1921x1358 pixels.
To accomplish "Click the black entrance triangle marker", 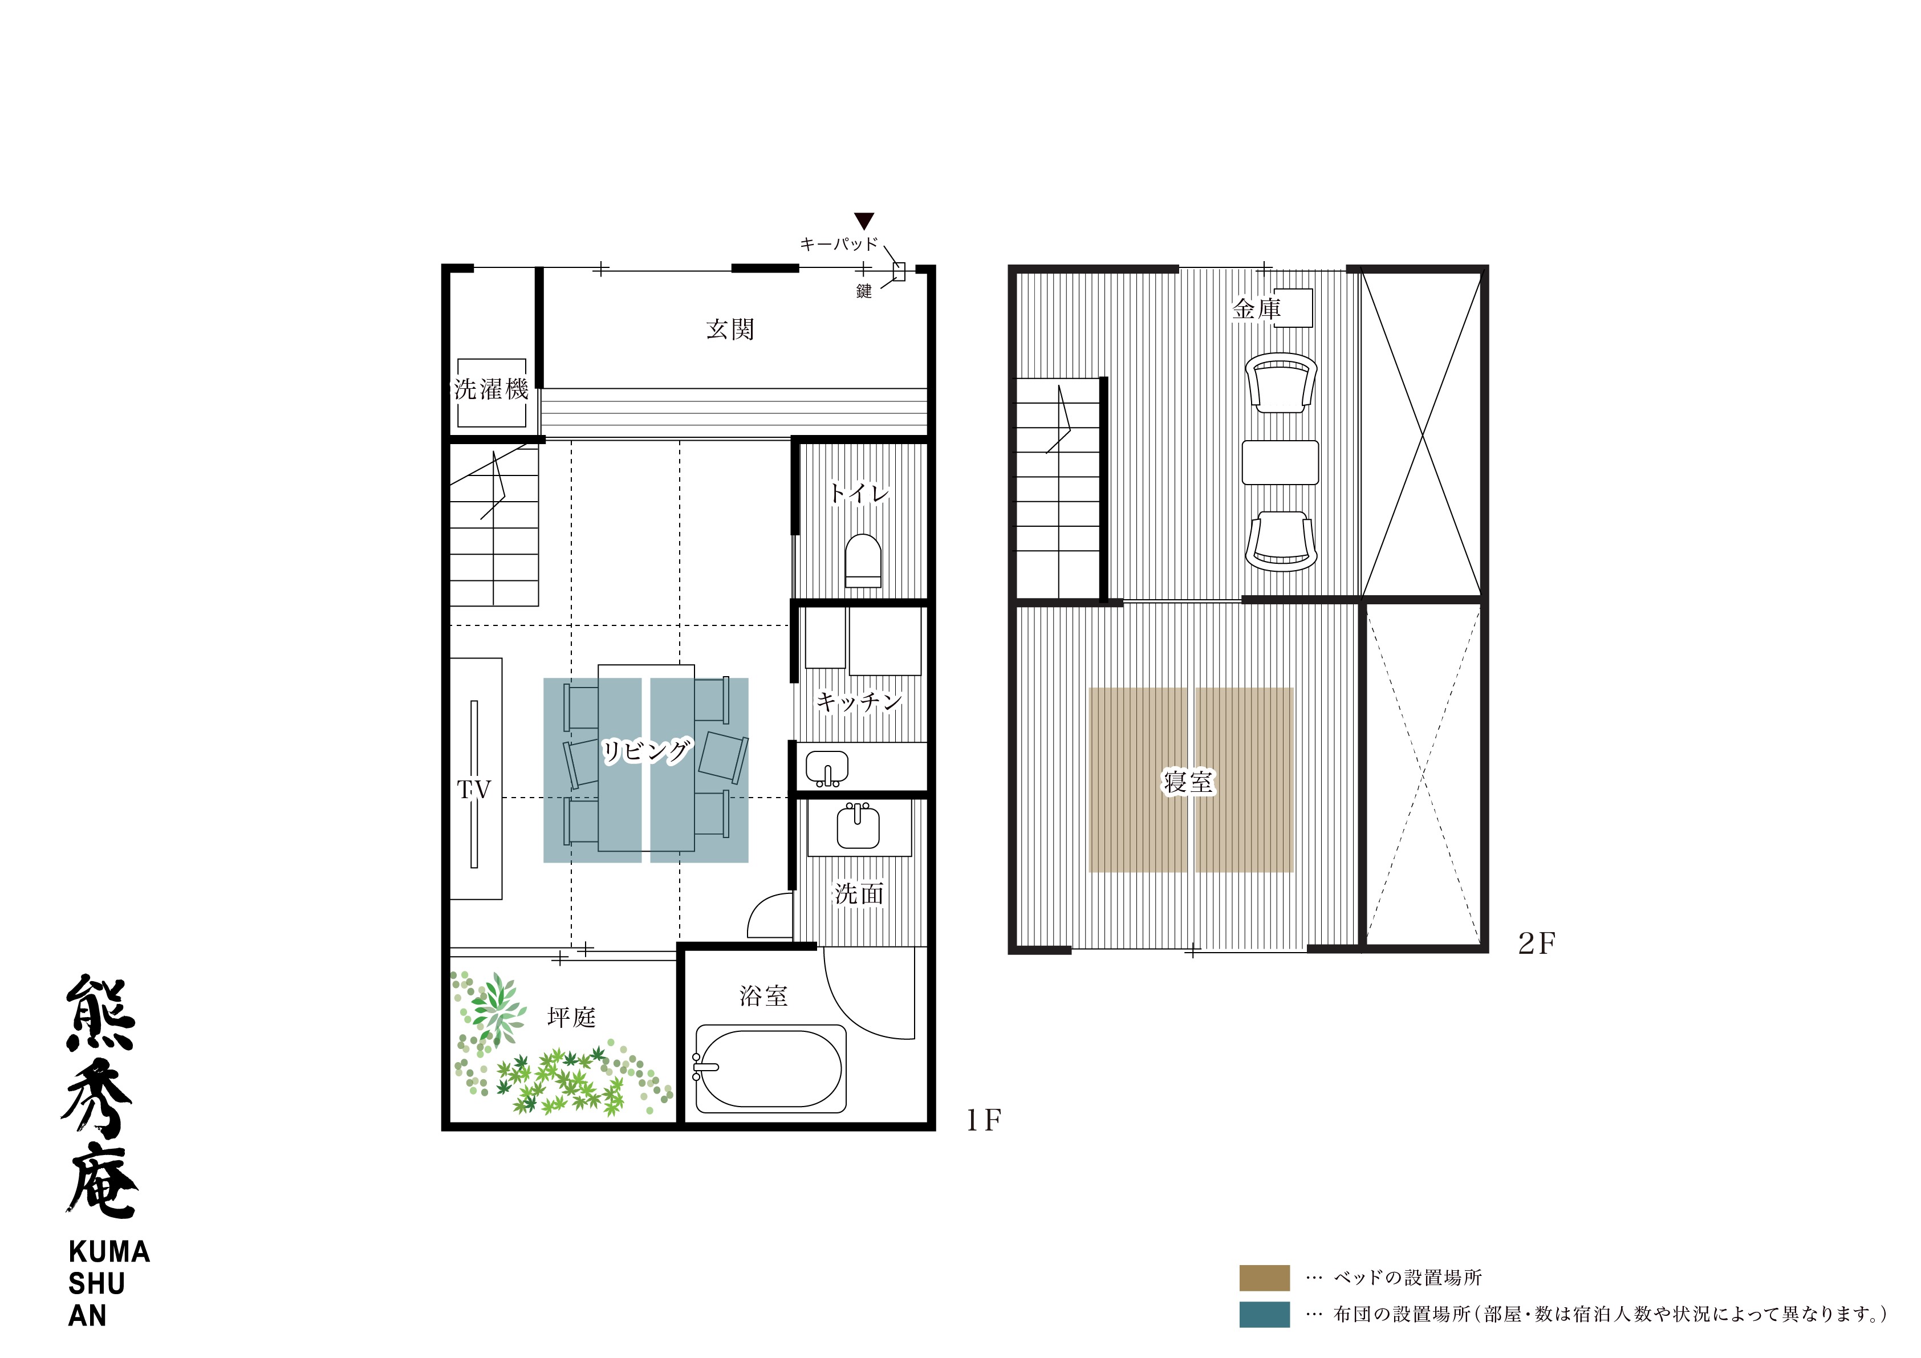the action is (x=864, y=221).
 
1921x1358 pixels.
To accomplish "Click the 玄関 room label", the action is (x=730, y=329).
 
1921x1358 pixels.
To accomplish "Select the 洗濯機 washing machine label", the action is (x=491, y=389).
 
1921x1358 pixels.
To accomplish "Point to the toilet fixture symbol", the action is (x=863, y=560).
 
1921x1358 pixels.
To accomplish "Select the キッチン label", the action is (x=858, y=701).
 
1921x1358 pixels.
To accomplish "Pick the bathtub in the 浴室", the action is (x=770, y=1068).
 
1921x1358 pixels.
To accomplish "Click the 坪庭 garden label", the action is (x=571, y=1017).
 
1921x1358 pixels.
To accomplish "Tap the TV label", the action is (x=474, y=790).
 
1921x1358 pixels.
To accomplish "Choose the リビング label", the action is (x=647, y=750).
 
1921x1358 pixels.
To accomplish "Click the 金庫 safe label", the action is (x=1257, y=309).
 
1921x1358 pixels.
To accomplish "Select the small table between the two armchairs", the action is (x=1280, y=462).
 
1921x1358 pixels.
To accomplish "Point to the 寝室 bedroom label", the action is (x=1188, y=782).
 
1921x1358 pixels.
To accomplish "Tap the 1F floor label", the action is (x=984, y=1120).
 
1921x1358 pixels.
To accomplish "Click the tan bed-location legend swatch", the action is (x=1264, y=1278).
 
